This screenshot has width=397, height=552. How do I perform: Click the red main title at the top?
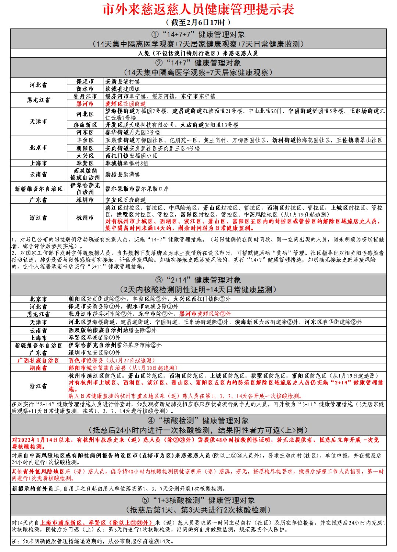click(198, 10)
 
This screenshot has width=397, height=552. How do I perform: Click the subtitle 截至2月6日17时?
click(198, 22)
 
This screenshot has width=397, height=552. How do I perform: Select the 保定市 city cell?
click(85, 82)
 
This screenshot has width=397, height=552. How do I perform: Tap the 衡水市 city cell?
click(85, 89)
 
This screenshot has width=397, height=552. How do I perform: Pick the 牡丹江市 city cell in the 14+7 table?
click(85, 96)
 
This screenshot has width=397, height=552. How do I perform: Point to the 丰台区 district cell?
click(85, 140)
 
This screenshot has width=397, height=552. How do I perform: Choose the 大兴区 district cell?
click(85, 156)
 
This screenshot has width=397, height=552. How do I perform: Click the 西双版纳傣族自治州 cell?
click(85, 174)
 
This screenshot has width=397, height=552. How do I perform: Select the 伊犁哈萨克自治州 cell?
click(85, 189)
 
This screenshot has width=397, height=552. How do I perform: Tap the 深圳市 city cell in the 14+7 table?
click(85, 200)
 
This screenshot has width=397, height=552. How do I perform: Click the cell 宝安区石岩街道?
click(125, 200)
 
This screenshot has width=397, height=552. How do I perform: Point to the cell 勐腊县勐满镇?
click(122, 174)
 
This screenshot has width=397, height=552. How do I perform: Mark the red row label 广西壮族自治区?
click(38, 361)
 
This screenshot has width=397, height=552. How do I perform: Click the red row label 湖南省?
click(38, 368)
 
